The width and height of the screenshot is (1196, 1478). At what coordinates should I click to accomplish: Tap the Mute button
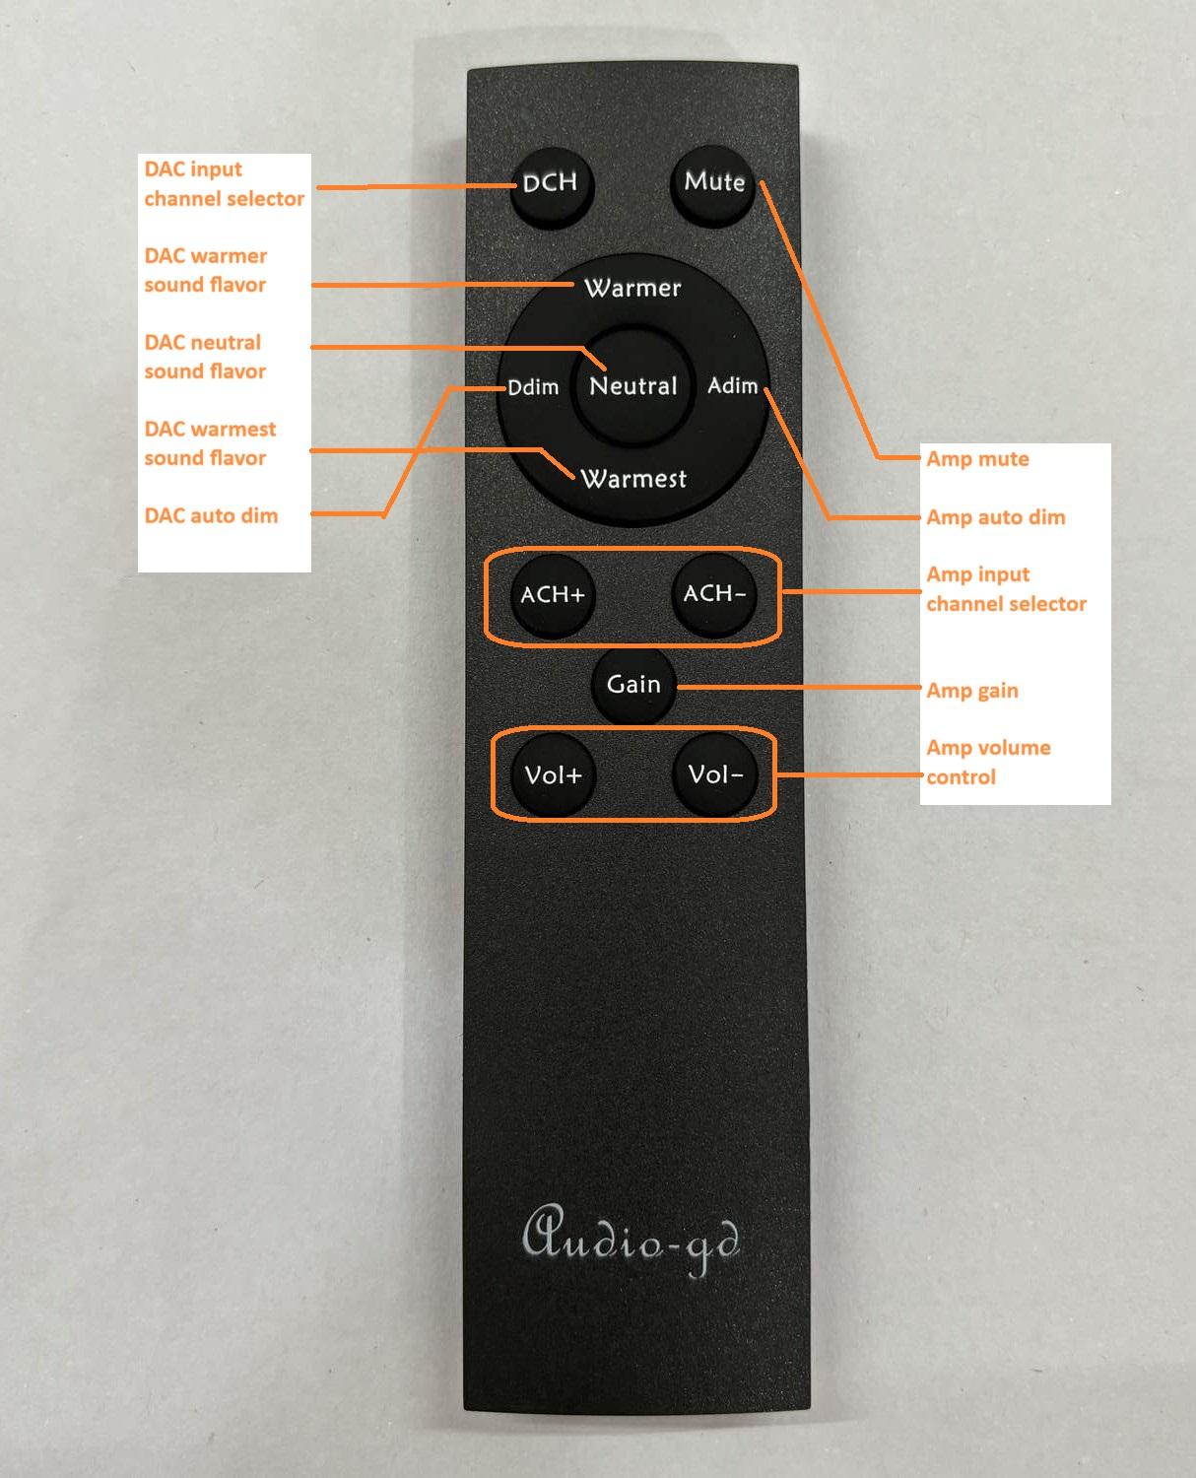point(713,182)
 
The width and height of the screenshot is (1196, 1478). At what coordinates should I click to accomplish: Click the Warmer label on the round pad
point(632,288)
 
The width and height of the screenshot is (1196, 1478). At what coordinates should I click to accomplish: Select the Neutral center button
point(632,385)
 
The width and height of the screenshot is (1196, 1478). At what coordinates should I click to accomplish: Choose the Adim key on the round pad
point(733,385)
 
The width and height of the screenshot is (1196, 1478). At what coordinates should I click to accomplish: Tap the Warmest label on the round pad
point(633,479)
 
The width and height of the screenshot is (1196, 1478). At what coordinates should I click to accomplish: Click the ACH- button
point(714,593)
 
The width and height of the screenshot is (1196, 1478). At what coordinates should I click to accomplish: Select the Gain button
point(633,684)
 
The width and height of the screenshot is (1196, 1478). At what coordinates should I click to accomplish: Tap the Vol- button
point(715,774)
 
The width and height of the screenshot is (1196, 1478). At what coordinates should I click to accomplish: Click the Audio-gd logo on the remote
point(631,1241)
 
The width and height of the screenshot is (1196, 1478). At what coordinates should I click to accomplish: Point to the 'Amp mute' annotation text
point(977,459)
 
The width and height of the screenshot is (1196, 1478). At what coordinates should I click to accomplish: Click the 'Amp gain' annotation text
point(971,691)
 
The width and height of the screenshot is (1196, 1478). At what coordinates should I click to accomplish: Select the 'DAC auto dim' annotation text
point(211,515)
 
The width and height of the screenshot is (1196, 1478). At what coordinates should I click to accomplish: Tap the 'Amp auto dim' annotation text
point(995,517)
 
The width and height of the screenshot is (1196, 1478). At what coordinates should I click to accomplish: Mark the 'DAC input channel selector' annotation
point(224,184)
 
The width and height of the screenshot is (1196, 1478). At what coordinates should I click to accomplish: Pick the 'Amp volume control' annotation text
point(987,762)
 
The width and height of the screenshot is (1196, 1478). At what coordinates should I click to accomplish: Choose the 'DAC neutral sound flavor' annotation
point(205,357)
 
